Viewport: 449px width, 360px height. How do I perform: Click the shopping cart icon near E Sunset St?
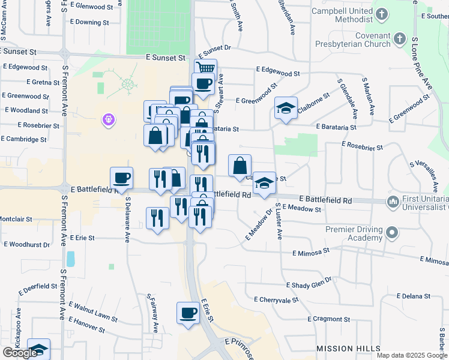point(205,68)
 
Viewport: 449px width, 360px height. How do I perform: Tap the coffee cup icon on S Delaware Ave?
point(121,178)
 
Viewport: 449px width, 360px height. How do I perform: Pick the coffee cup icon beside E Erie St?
point(188,313)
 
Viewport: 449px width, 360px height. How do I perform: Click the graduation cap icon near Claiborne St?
point(286,108)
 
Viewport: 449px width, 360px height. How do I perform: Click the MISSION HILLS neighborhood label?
point(348,349)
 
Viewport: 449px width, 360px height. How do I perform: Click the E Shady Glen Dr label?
point(309,284)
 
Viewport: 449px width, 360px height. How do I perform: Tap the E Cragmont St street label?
point(333,319)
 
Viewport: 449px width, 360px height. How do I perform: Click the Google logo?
point(20,353)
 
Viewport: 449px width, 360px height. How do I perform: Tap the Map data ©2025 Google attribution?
point(412,355)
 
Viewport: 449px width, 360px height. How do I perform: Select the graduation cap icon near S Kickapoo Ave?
point(38,349)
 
